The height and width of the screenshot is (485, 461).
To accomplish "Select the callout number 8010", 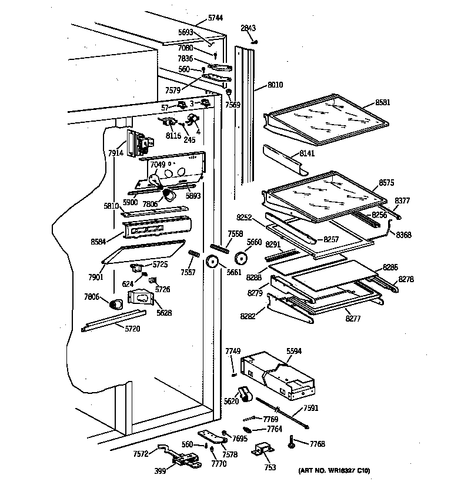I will coord(275,85).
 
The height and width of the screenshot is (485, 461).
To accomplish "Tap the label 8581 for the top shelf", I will coord(383,102).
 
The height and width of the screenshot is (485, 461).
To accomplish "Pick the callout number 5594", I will coord(294,351).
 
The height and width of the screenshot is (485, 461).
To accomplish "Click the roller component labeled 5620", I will coord(244,396).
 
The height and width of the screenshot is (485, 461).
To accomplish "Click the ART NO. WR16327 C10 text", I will coord(335,471).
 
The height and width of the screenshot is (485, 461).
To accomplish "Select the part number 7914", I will coord(116,153).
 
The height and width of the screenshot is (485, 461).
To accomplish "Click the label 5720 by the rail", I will coord(132,329).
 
